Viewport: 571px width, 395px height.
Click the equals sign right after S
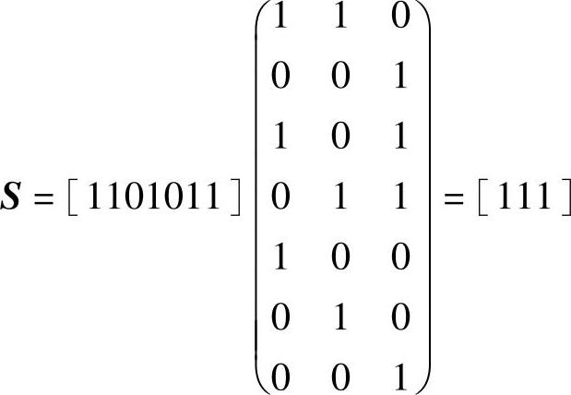click(42, 200)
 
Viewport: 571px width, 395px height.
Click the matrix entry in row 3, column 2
click(339, 138)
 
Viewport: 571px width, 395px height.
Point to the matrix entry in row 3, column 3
click(400, 138)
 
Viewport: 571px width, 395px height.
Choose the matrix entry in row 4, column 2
click(339, 199)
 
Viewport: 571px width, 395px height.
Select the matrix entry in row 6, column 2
click(339, 319)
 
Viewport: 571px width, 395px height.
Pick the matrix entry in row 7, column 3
click(400, 379)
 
